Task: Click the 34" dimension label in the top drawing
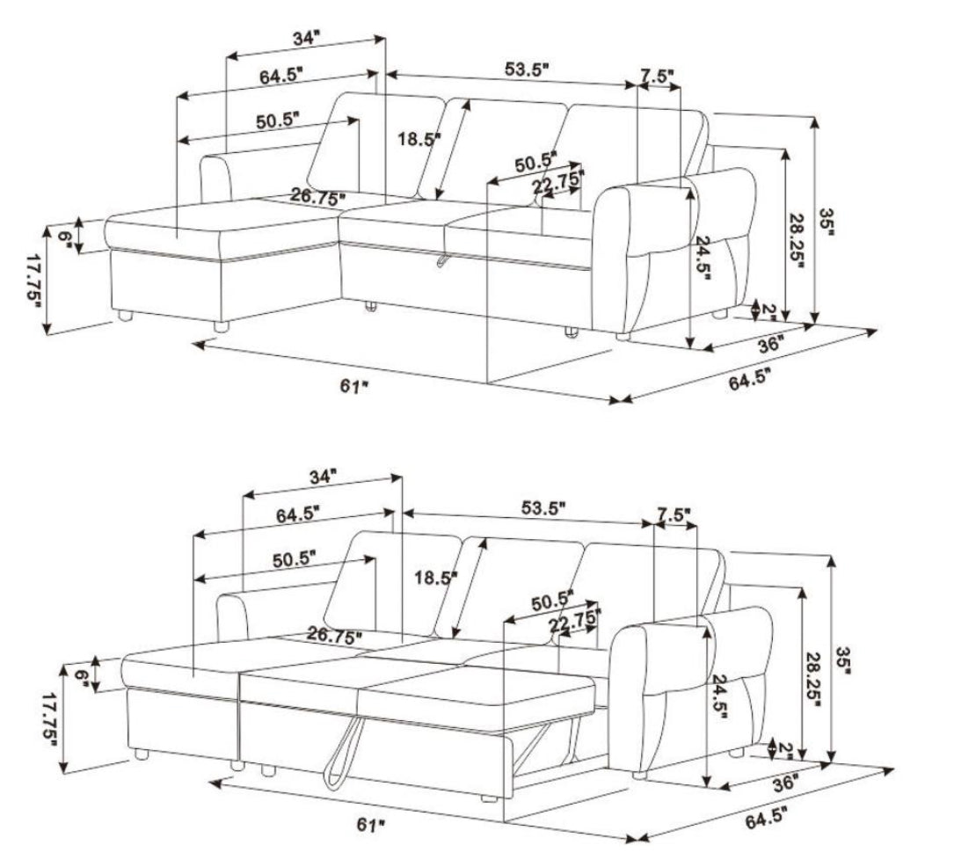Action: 306,39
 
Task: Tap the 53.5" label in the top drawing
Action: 527,69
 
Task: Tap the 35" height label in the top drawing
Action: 827,222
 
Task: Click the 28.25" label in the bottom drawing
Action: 813,678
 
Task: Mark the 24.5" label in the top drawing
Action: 703,257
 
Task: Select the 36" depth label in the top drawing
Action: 768,345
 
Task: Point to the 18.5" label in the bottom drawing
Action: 435,577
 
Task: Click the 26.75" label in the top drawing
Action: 317,196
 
